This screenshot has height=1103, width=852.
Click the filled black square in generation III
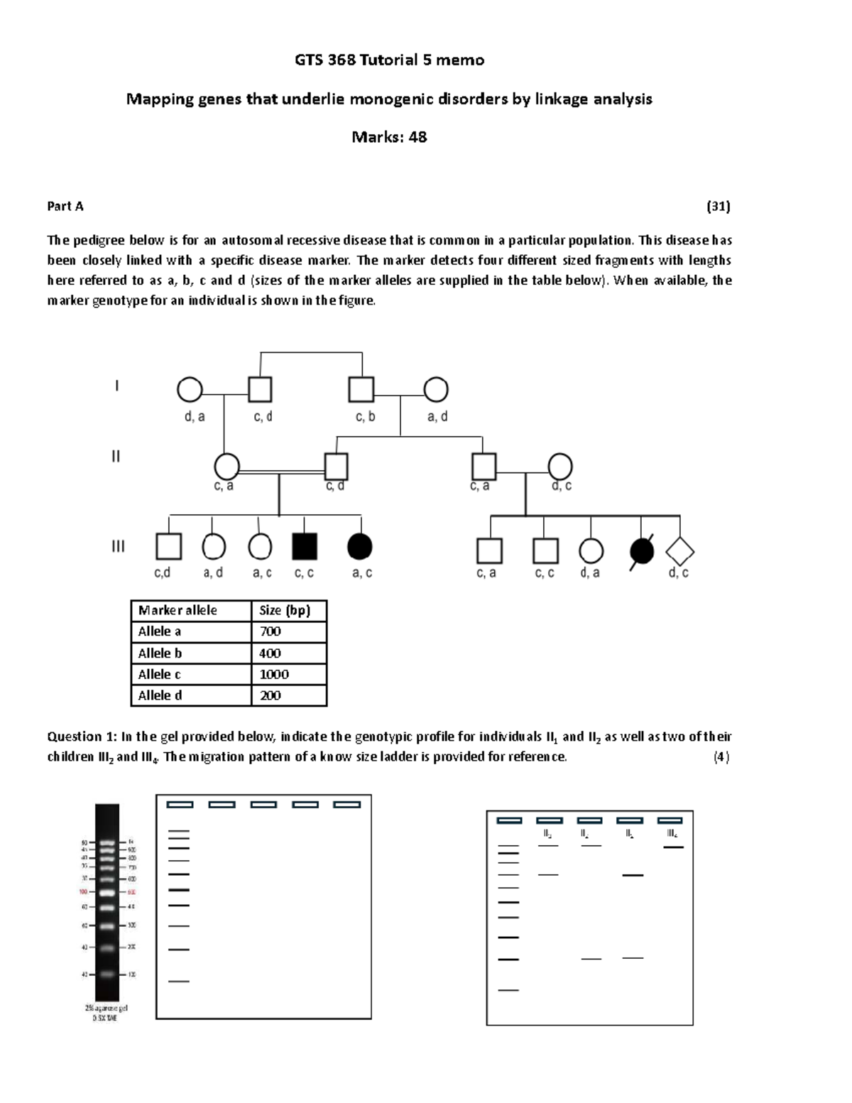pyautogui.click(x=305, y=546)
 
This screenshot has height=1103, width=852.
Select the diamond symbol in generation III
pyautogui.click(x=679, y=551)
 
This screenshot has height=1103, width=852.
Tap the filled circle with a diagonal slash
pyautogui.click(x=642, y=551)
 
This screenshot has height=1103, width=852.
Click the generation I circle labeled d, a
pyautogui.click(x=190, y=390)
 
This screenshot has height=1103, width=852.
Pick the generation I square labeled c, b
pyautogui.click(x=361, y=390)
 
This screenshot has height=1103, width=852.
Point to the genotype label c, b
pyautogui.click(x=365, y=417)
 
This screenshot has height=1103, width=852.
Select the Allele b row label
pyautogui.click(x=160, y=653)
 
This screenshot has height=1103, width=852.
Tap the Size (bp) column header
pyautogui.click(x=285, y=610)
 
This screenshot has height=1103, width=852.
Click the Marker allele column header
pyautogui.click(x=177, y=610)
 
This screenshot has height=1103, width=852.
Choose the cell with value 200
pyautogui.click(x=271, y=695)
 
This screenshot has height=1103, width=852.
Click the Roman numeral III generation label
pyautogui.click(x=118, y=546)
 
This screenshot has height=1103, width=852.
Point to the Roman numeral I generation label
pyautogui.click(x=117, y=386)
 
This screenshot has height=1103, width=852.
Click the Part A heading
pyautogui.click(x=65, y=206)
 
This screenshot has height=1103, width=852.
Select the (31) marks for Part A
pyautogui.click(x=718, y=206)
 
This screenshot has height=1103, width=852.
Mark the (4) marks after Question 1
pyautogui.click(x=721, y=756)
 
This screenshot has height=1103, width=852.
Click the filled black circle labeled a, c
pyautogui.click(x=360, y=546)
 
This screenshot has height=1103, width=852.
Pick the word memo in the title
pyautogui.click(x=460, y=60)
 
